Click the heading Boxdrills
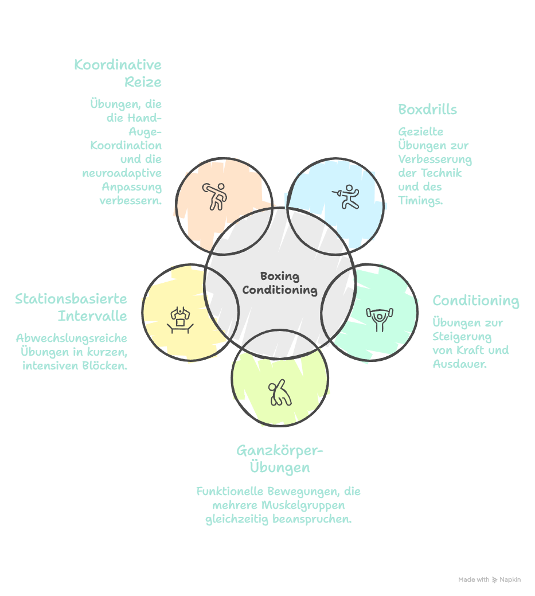[x=427, y=110]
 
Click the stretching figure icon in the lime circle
[x=279, y=393]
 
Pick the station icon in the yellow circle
[x=181, y=318]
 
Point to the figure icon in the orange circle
[x=214, y=196]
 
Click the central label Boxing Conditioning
[x=279, y=283]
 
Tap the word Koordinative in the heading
[x=118, y=65]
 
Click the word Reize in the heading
[x=143, y=82]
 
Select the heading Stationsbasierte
[x=71, y=299]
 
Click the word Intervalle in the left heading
[x=92, y=316]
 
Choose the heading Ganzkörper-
[x=280, y=451]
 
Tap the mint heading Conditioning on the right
[x=475, y=301]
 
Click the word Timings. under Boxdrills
[x=420, y=201]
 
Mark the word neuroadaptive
[x=122, y=173]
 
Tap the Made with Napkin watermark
[x=489, y=580]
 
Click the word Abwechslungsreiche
[x=71, y=338]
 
